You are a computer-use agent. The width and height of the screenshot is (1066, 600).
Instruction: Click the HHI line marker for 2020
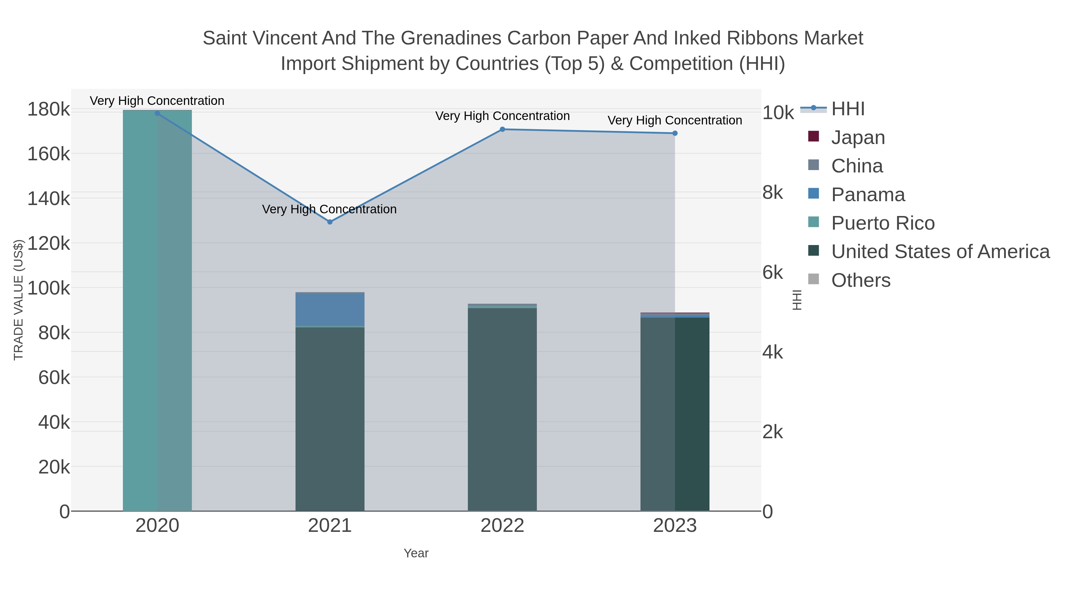click(157, 113)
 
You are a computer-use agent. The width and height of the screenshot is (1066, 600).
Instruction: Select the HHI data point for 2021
click(330, 222)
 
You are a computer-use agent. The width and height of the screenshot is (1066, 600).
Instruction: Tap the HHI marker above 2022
click(503, 129)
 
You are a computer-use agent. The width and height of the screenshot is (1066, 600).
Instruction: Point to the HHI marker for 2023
click(675, 133)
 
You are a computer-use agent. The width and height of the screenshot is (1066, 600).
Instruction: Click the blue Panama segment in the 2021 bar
click(330, 310)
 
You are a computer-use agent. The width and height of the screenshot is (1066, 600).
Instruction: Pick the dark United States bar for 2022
click(503, 410)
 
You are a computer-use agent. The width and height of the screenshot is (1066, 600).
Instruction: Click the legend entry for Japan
click(858, 137)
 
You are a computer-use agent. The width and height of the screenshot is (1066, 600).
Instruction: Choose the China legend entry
click(857, 166)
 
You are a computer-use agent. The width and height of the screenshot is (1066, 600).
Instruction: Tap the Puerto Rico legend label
click(883, 223)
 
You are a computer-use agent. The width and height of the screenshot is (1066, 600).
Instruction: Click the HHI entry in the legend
click(847, 109)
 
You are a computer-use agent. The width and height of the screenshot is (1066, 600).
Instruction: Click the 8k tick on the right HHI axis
click(773, 193)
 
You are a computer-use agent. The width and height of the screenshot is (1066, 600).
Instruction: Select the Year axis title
click(416, 553)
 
